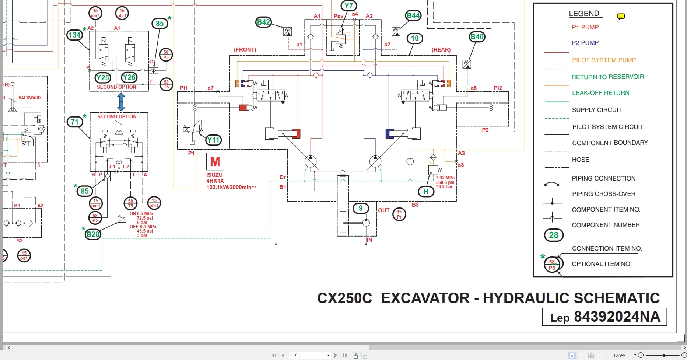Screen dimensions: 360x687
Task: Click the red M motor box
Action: coord(215,161)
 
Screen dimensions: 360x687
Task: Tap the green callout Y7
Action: coord(348,6)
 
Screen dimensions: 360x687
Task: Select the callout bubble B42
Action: coord(263,22)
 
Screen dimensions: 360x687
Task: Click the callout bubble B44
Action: coord(413,15)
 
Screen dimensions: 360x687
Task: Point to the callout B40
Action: coord(477,37)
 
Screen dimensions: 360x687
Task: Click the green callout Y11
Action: coord(213,140)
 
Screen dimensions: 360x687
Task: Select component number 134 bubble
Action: coord(74,35)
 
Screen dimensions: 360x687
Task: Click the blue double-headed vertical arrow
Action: coord(121,102)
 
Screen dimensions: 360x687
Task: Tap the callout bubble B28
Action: coord(93,234)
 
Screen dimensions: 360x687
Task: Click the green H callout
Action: coord(426,192)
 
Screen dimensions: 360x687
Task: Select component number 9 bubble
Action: coord(361,208)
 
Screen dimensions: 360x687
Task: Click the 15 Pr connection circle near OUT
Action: coord(399,214)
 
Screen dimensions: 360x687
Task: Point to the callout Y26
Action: coord(129,77)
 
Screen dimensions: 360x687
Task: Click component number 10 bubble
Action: coord(415,38)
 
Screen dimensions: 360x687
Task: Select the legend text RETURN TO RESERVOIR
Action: coord(607,77)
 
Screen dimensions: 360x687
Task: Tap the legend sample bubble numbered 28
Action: coord(553,235)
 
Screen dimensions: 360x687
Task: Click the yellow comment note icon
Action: coord(621,17)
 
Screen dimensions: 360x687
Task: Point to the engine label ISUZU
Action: coord(214,175)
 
